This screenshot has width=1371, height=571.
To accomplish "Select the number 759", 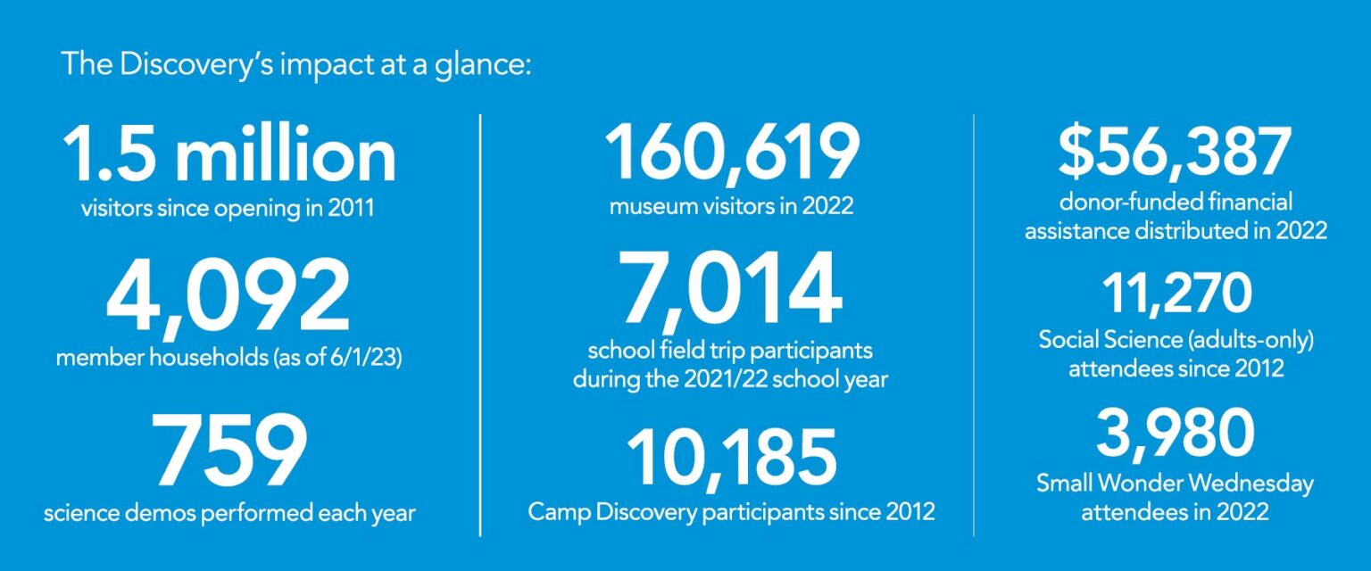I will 228,451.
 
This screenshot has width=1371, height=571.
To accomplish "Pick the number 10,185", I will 731,457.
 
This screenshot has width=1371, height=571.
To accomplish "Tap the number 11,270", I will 1176,294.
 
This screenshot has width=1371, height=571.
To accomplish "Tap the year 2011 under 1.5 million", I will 348,210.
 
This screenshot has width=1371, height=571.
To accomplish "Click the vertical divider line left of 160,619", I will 481,325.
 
